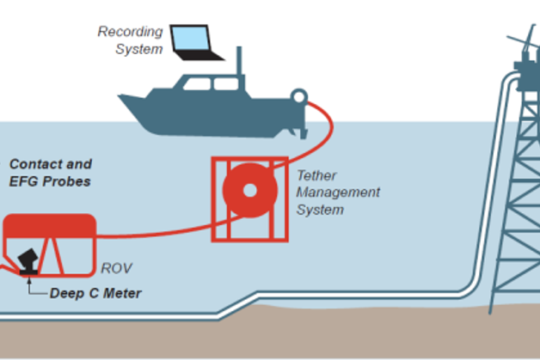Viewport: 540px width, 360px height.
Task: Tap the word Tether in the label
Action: tap(316, 175)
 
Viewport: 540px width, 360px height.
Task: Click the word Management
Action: tap(338, 192)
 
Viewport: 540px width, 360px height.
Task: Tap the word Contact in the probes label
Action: tap(34, 163)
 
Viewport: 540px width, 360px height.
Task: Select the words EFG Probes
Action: tap(49, 181)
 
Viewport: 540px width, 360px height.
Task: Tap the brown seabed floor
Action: tap(258, 335)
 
